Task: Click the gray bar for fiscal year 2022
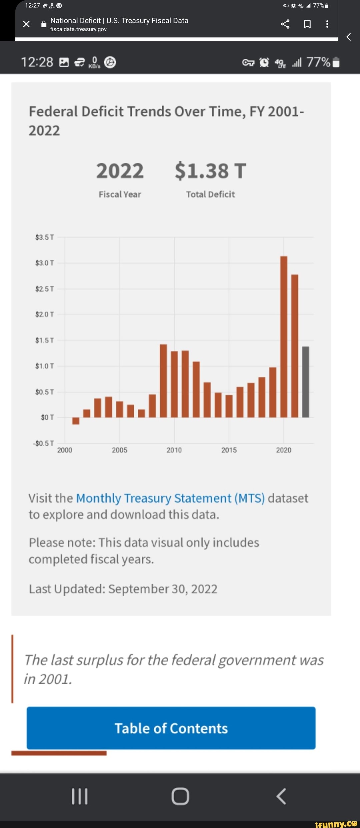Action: pyautogui.click(x=305, y=382)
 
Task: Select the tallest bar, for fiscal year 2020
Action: pyautogui.click(x=284, y=337)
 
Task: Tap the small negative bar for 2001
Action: pyautogui.click(x=76, y=421)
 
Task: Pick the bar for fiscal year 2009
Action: pyautogui.click(x=163, y=381)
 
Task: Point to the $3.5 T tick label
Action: pyautogui.click(x=45, y=237)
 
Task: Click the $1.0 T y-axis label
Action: pyautogui.click(x=45, y=366)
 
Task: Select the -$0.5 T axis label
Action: pyautogui.click(x=44, y=443)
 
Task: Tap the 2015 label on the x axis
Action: pyautogui.click(x=229, y=450)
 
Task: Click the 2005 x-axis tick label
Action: pyautogui.click(x=119, y=450)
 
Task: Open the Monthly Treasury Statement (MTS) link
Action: pyautogui.click(x=170, y=498)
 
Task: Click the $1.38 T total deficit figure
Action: pyautogui.click(x=210, y=171)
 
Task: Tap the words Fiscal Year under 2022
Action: pyautogui.click(x=120, y=194)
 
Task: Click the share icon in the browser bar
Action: pyautogui.click(x=285, y=24)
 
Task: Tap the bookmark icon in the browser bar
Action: pyautogui.click(x=307, y=24)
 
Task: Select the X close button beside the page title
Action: pyautogui.click(x=26, y=24)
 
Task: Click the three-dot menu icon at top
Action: pyautogui.click(x=327, y=24)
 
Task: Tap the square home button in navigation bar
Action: pyautogui.click(x=180, y=796)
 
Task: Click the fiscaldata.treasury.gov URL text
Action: pyautogui.click(x=78, y=29)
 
